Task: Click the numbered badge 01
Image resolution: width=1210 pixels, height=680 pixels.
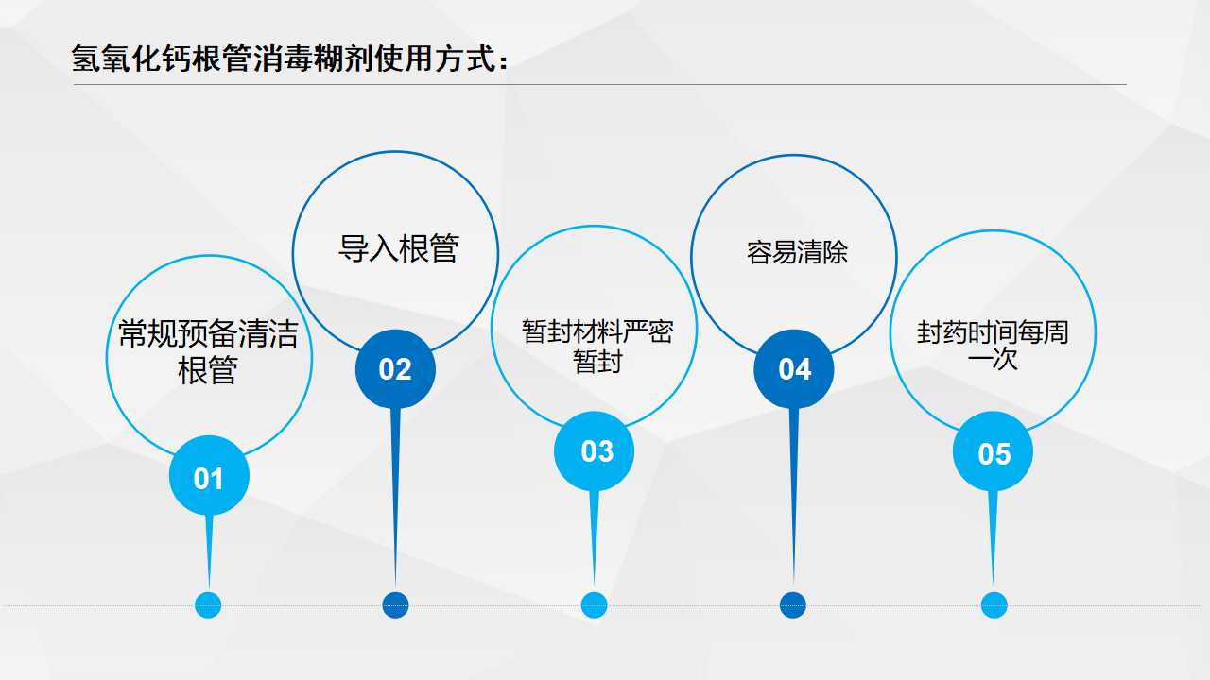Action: coord(209,476)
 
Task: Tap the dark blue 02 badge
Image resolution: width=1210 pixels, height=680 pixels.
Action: coord(395,369)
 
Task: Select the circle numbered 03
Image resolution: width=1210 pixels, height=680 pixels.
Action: coord(595,451)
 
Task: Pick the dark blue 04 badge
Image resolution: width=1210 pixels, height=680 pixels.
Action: coord(793,369)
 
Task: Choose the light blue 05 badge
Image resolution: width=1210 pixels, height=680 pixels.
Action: coord(993,451)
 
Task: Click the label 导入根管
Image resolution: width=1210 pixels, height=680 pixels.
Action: coord(399,248)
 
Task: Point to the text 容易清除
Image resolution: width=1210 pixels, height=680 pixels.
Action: coord(797,252)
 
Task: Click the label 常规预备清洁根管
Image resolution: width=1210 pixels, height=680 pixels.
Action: coord(209,351)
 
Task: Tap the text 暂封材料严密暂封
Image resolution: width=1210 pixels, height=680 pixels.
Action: coord(597,346)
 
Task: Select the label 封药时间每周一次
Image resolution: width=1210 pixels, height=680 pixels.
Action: coord(993,346)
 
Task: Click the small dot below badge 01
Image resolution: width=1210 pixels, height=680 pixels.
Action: coord(208,605)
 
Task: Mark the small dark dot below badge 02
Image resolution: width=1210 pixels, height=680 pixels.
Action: coord(395,605)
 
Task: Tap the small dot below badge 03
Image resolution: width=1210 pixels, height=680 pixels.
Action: coord(595,605)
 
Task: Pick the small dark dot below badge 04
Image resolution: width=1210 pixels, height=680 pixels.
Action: coord(793,605)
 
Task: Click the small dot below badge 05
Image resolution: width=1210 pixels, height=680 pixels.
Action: coord(994,605)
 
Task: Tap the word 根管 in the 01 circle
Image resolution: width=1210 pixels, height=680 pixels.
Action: coord(208,370)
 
